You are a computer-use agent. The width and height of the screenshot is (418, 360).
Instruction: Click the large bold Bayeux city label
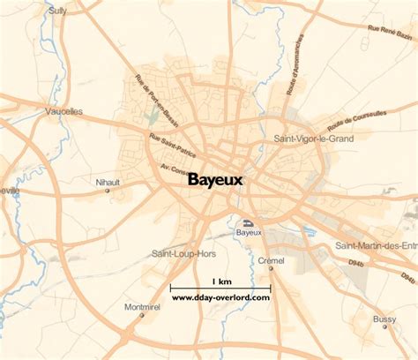coord(215,179)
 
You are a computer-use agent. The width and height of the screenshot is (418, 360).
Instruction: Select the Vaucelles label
coord(63,111)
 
